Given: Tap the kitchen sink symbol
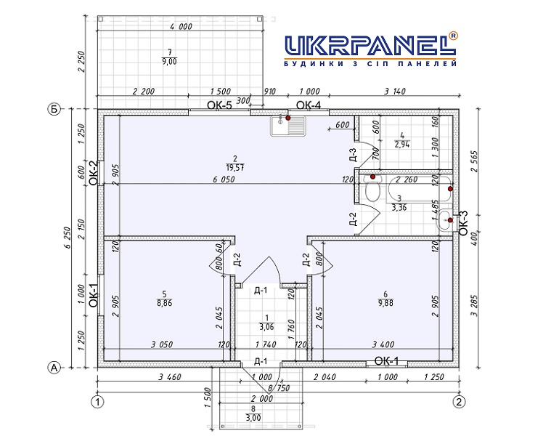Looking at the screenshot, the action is pyautogui.click(x=288, y=126).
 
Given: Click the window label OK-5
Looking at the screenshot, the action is pyautogui.click(x=219, y=105).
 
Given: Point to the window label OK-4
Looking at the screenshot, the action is pyautogui.click(x=309, y=105).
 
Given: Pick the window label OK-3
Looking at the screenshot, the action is pyautogui.click(x=463, y=222).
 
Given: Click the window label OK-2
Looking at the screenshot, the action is pyautogui.click(x=94, y=173).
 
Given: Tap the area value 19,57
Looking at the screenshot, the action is pyautogui.click(x=235, y=167).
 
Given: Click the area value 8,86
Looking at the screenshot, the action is pyautogui.click(x=164, y=303).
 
